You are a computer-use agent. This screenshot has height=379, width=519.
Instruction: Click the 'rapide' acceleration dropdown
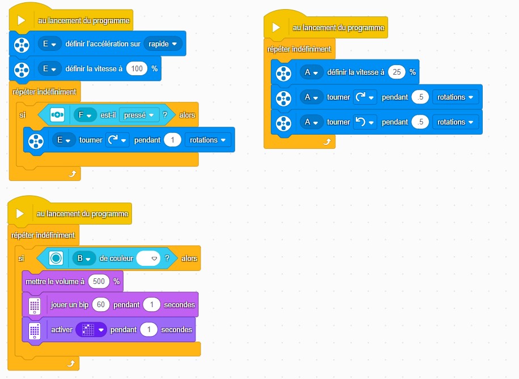[163, 44]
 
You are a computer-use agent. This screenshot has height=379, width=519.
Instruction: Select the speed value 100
[137, 68]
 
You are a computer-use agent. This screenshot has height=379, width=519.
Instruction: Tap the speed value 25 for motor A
[397, 72]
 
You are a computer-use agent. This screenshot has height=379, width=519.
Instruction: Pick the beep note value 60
[101, 305]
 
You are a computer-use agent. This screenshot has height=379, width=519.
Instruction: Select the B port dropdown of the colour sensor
[83, 259]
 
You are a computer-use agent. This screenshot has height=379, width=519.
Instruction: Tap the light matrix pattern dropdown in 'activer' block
[91, 329]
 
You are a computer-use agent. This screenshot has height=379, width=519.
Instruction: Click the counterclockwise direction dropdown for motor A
[364, 122]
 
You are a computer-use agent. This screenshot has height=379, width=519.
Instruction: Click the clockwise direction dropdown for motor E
[117, 140]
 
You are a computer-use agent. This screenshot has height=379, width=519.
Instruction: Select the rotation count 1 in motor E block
[172, 140]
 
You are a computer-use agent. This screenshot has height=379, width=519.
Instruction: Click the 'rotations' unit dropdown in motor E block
[208, 140]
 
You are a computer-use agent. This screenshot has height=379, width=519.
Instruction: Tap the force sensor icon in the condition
[57, 115]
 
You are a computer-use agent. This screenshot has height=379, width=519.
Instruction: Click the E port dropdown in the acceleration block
[49, 44]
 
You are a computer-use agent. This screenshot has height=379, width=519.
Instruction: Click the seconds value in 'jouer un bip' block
[151, 305]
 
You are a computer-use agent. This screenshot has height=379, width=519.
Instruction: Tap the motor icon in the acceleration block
[21, 44]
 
